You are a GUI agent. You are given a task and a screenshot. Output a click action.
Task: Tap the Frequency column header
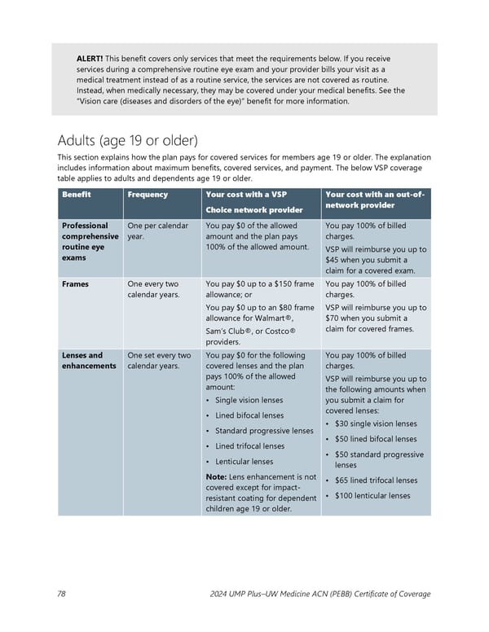(148, 195)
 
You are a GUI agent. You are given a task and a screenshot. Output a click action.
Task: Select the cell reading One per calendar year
(158, 230)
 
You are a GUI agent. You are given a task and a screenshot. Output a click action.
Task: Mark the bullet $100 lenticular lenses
(372, 496)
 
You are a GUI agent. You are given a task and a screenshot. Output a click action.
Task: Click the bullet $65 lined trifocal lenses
(376, 481)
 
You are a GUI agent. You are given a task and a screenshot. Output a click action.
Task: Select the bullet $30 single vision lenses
(376, 424)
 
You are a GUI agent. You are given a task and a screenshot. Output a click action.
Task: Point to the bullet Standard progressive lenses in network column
(264, 430)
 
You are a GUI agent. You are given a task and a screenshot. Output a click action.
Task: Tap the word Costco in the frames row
(275, 331)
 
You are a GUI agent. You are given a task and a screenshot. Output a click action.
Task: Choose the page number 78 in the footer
(62, 594)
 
